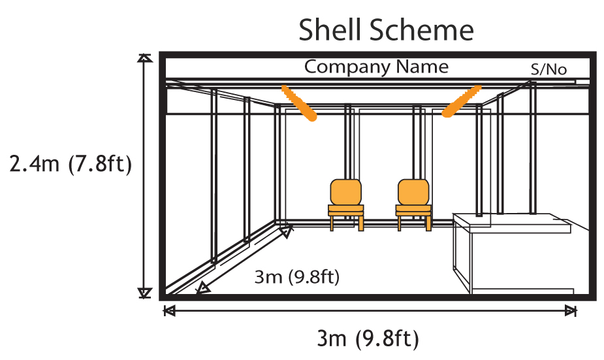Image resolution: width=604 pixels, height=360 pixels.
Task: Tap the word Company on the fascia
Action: pyautogui.click(x=345, y=67)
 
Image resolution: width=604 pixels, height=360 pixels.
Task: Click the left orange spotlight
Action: pyautogui.click(x=299, y=103)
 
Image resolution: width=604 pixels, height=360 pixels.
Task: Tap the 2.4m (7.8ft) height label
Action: pyautogui.click(x=71, y=163)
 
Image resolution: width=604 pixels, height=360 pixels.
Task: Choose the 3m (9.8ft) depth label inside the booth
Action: pyautogui.click(x=297, y=276)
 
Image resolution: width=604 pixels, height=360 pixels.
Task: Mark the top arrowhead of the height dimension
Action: pyautogui.click(x=144, y=59)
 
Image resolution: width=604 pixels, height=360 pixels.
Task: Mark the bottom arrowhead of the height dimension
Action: pyautogui.click(x=144, y=293)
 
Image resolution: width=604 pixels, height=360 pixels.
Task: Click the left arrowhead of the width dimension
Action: pyautogui.click(x=169, y=311)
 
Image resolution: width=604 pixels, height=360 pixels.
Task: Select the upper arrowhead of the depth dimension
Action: pyautogui.click(x=287, y=230)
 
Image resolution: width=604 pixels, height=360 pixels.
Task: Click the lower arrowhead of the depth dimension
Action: pyautogui.click(x=203, y=287)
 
